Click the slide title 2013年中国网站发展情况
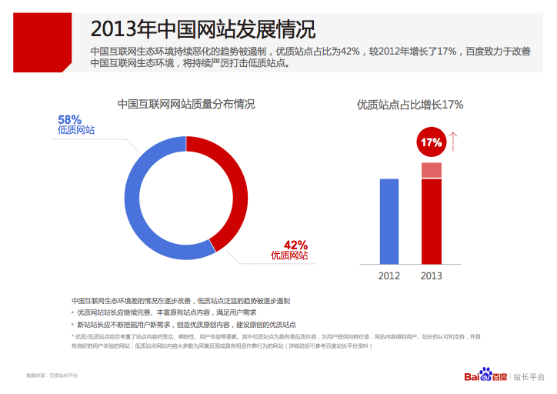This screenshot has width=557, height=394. tap(203, 29)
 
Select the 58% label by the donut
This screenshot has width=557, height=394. tap(69, 119)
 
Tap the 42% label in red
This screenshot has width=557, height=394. tap(295, 244)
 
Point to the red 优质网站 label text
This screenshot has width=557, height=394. tap(289, 255)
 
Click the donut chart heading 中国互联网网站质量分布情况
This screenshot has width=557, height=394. tap(185, 103)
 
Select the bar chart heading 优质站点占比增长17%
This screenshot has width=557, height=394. tap(410, 104)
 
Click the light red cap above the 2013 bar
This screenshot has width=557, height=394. tap(432, 170)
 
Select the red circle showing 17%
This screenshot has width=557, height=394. tap(431, 142)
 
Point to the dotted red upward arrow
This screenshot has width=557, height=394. tap(454, 141)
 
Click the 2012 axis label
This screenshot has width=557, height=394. tap(389, 275)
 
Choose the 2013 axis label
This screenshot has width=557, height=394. tap(432, 275)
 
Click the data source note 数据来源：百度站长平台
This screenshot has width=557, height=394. tap(52, 376)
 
